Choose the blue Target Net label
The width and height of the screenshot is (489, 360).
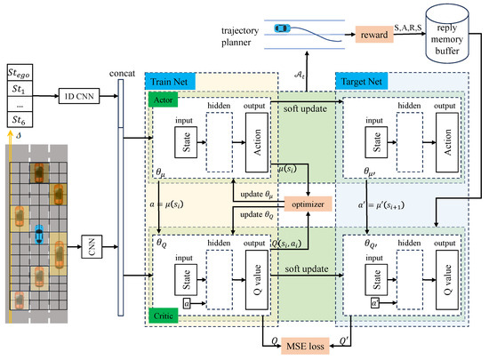359,82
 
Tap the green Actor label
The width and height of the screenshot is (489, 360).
164,101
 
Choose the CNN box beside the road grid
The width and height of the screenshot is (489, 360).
90,241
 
